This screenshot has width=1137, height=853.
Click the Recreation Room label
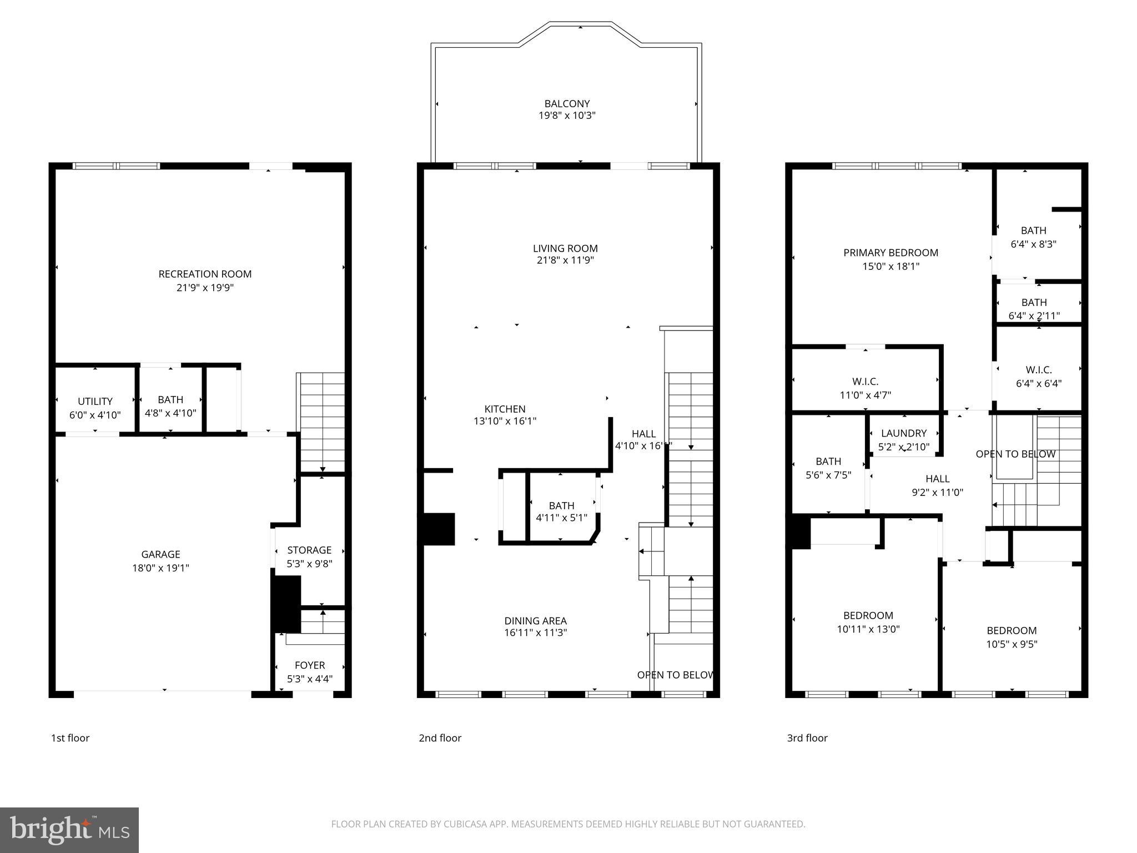[x=205, y=274]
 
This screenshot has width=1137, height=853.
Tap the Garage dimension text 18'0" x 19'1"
[x=160, y=568]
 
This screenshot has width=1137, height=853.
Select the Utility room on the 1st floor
[x=95, y=408]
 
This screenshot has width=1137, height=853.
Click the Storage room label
[x=309, y=550]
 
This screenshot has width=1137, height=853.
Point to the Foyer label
[x=310, y=665]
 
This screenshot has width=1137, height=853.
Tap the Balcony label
[x=567, y=104]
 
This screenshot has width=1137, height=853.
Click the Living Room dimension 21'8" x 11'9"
[x=565, y=260]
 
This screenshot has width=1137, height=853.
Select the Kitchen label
[x=505, y=409]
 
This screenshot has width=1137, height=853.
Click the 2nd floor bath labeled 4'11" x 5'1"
[x=561, y=511]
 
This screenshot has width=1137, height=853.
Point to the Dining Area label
[x=535, y=621]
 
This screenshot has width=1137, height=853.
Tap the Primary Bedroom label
[x=891, y=253]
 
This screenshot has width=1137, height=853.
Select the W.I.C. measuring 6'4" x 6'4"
[x=1038, y=376]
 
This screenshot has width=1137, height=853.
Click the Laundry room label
[x=904, y=433]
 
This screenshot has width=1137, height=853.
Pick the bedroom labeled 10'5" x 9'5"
[x=1012, y=637]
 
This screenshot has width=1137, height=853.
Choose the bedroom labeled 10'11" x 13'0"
[x=868, y=622]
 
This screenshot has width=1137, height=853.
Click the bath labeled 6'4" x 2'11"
[x=1034, y=309]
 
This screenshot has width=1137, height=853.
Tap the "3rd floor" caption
[x=807, y=738]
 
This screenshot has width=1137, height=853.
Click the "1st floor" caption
[x=70, y=738]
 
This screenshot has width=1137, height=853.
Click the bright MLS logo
[x=69, y=830]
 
